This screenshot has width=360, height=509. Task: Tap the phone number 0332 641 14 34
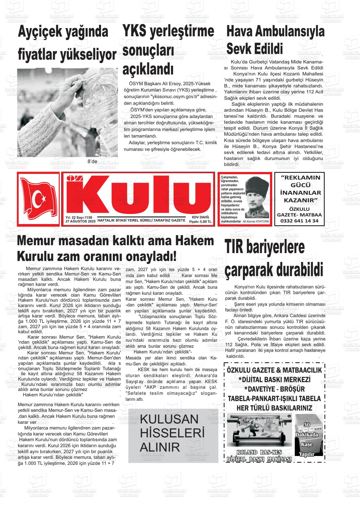(299, 221)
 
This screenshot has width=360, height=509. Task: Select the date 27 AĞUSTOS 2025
(80, 222)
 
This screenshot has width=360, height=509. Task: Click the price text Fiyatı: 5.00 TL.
(201, 222)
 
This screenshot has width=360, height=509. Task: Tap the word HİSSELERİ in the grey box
(172, 433)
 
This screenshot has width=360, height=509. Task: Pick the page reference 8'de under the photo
(92, 162)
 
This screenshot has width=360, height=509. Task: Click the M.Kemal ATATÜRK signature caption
(256, 222)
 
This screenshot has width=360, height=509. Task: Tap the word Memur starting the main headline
(40, 241)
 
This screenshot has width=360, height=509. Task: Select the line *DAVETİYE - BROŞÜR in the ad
(274, 389)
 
